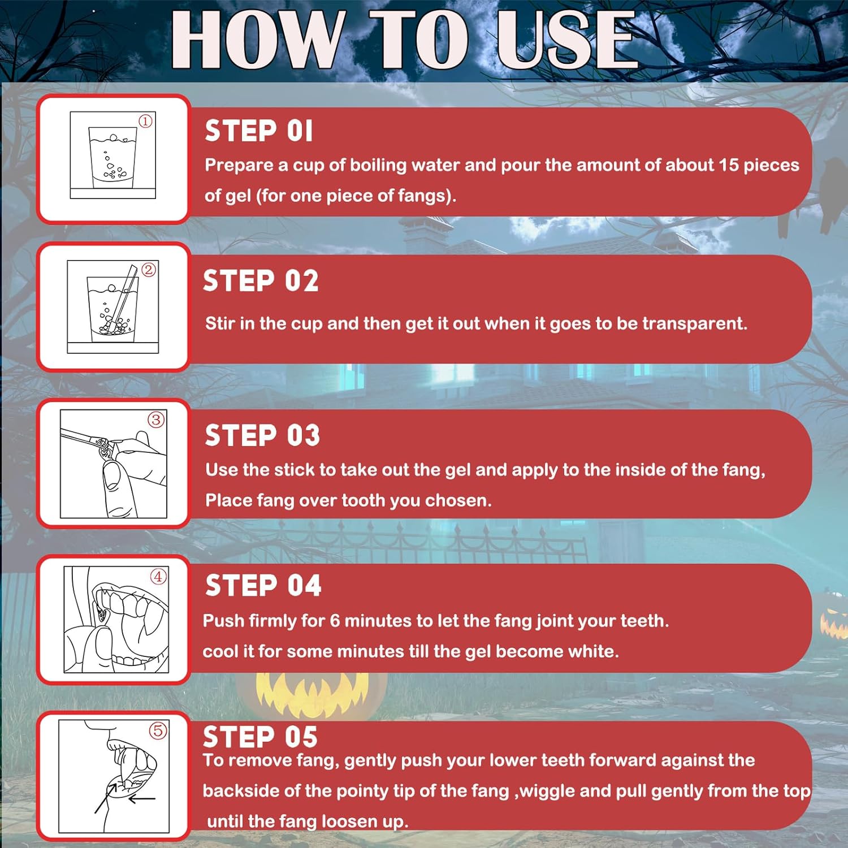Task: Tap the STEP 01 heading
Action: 258,131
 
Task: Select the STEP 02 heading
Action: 261,281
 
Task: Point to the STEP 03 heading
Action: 262,435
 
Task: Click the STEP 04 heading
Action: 263,585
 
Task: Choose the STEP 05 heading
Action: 261,737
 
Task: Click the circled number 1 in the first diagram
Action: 146,121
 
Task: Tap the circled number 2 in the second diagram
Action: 149,270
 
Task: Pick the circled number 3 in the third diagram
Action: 156,419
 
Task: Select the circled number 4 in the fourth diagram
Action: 158,577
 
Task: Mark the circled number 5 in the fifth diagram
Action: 158,730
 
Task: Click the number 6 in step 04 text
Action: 335,621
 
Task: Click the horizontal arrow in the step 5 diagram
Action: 142,799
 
